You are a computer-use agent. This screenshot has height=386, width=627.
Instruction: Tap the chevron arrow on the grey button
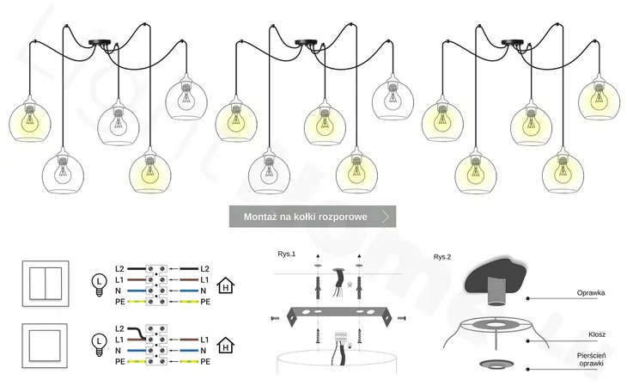386,217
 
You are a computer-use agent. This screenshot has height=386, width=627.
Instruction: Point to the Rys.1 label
286,255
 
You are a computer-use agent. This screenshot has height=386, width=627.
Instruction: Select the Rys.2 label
441,257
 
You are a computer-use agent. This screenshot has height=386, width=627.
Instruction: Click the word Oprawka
591,293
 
